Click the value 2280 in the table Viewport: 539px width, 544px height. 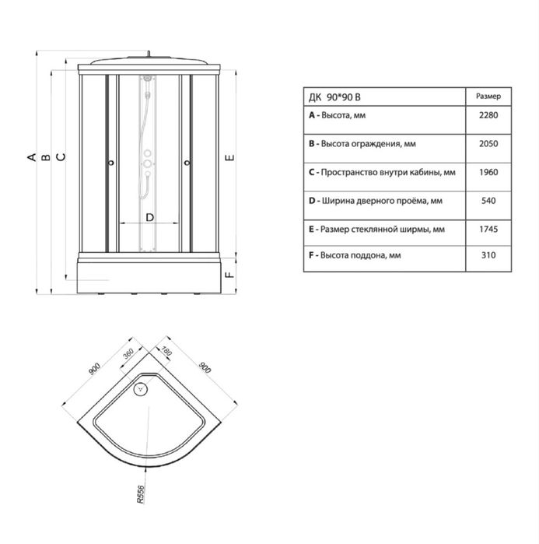coord(488,115)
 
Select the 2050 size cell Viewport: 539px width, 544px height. coord(488,144)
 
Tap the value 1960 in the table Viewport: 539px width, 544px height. coord(488,172)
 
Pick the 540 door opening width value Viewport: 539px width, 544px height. coord(488,201)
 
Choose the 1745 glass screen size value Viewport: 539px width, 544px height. coord(488,229)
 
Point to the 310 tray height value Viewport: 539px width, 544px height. coord(488,255)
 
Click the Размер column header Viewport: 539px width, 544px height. coord(488,97)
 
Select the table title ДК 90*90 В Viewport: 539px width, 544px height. coord(335,97)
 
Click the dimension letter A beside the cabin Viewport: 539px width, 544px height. coord(32,157)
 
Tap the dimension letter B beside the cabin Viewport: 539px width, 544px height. coord(46,157)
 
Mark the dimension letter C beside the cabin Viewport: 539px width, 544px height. coord(61,156)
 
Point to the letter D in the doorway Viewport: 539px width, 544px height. coord(150,218)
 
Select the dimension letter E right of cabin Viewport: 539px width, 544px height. coord(229,158)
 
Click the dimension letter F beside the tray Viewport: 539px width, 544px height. coord(229,275)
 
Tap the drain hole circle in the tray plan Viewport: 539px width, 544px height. coord(141,388)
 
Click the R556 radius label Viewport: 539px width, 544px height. coord(140,494)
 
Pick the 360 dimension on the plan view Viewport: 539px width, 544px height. coord(128,353)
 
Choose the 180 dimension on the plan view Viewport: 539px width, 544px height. coord(166,351)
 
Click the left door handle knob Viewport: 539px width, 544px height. coord(111,163)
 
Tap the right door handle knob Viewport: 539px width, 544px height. coord(187,163)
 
